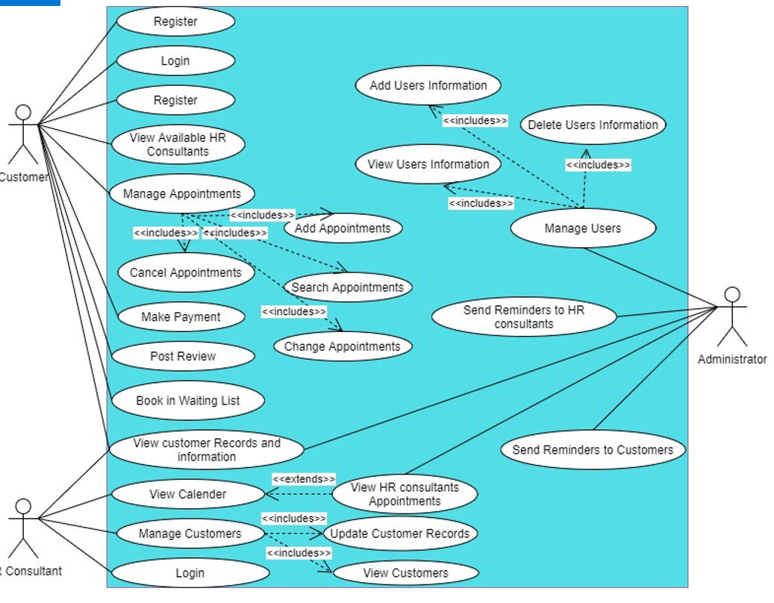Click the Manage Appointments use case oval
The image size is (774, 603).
tap(182, 194)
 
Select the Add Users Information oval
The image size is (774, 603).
tap(428, 86)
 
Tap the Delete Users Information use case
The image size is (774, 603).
tap(593, 125)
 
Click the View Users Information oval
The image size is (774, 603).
tap(428, 165)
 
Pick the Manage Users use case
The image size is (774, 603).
tap(582, 228)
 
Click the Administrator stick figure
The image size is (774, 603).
tap(732, 316)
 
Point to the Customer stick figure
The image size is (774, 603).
tap(23, 134)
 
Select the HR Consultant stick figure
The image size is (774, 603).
tap(23, 528)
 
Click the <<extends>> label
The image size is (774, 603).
tap(304, 479)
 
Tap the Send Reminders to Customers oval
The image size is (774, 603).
tap(593, 450)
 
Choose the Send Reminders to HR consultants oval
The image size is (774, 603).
tap(524, 317)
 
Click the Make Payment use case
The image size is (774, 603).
tap(181, 317)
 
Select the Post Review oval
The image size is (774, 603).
tap(183, 357)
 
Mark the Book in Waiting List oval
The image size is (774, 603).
tap(188, 401)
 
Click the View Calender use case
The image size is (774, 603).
tap(187, 494)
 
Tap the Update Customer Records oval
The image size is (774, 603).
tap(399, 534)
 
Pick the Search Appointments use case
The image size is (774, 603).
tap(347, 287)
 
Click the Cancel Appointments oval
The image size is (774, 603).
tap(186, 273)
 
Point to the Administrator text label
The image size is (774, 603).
tap(732, 360)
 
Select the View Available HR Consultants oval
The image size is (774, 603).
tap(178, 145)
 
